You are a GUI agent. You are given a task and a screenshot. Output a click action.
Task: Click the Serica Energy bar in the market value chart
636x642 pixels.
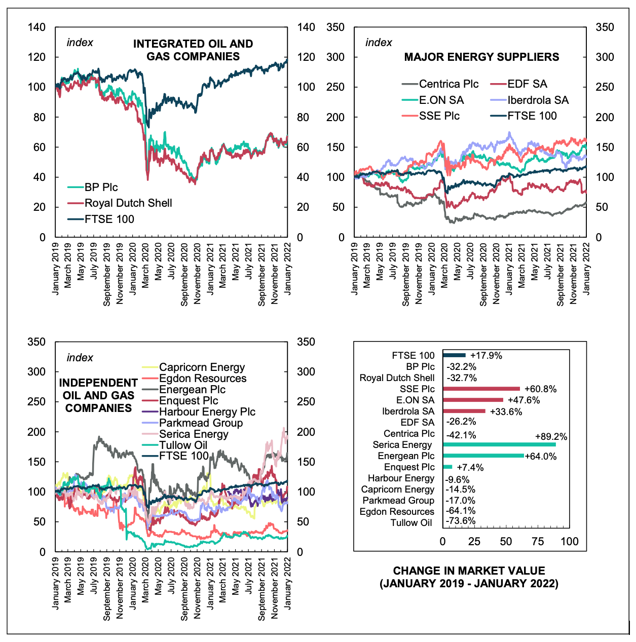(x=499, y=445)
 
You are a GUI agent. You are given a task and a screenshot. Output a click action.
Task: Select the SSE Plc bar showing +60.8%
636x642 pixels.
(x=481, y=389)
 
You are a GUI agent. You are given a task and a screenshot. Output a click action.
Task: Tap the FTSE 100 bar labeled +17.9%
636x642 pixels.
(x=454, y=355)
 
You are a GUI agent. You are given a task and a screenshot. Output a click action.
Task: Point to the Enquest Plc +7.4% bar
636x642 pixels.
(x=447, y=467)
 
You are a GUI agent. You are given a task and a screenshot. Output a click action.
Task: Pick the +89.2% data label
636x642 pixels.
(x=551, y=437)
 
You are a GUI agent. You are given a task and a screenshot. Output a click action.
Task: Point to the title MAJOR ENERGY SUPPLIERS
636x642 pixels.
(x=481, y=57)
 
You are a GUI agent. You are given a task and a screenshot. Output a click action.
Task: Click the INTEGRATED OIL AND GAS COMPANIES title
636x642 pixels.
(x=193, y=50)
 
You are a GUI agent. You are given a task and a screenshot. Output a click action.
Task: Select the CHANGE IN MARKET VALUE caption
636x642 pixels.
(x=469, y=577)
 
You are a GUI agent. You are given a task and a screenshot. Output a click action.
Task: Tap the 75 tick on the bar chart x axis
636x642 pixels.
(x=538, y=541)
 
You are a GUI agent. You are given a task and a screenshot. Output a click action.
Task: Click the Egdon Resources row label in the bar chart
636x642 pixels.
(x=397, y=512)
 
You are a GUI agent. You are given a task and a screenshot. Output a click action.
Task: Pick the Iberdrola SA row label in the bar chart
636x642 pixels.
(x=408, y=411)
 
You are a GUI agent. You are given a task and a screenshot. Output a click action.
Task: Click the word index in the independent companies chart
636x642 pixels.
(x=80, y=358)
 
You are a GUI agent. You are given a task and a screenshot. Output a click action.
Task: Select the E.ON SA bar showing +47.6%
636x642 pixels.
(x=473, y=400)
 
